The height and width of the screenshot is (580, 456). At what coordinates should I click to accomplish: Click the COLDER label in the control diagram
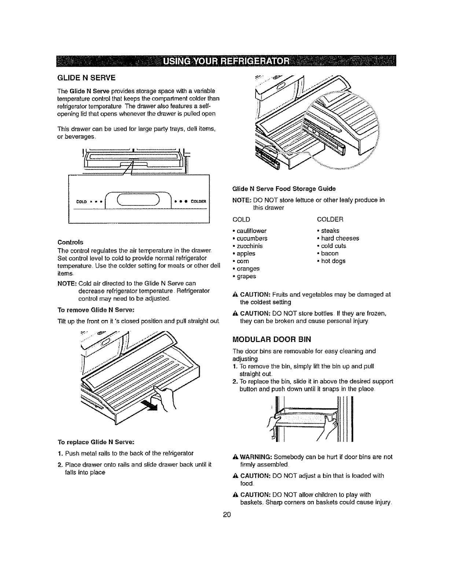point(199,201)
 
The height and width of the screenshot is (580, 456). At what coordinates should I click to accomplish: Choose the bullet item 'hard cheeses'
point(340,238)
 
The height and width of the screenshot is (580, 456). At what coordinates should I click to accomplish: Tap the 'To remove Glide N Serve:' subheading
point(91,310)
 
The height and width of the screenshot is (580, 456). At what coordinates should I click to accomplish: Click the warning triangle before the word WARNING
point(235,457)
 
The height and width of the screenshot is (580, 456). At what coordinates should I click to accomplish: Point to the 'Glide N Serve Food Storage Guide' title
point(284,189)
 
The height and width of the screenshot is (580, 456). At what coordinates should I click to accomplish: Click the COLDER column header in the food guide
point(330,219)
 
